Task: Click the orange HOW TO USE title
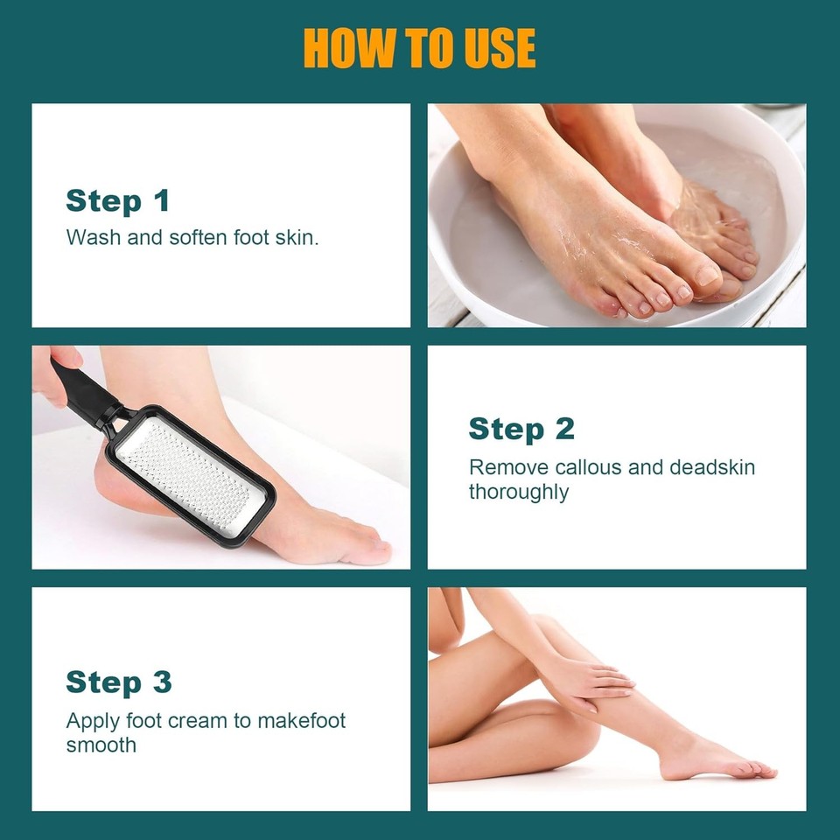point(419,48)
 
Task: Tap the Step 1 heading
point(117,201)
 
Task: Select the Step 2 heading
point(521,429)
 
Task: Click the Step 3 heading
point(119,682)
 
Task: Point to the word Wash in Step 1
point(93,237)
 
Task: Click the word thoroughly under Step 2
point(518,492)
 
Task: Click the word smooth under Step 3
point(101,745)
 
